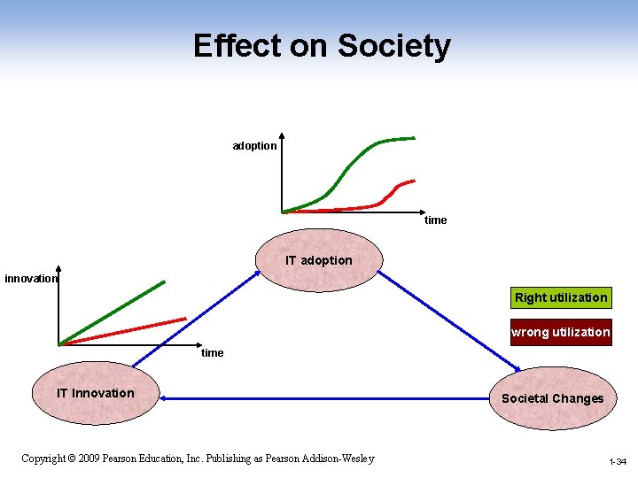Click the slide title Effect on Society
coord(322,46)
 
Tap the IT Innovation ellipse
coord(95,393)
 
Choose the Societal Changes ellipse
coord(552,398)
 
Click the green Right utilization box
coord(561,297)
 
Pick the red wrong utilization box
coord(560,333)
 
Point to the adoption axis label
coord(254,146)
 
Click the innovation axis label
coord(31,279)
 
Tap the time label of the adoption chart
coord(435,220)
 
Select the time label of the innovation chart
coord(213,352)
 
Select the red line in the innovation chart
coord(124,331)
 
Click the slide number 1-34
coord(618,462)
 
